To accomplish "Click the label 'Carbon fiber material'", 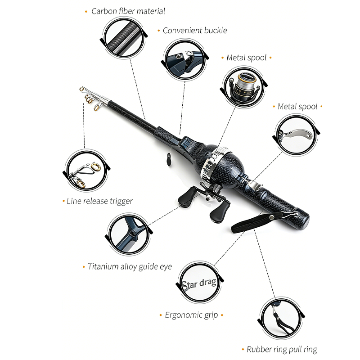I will [128, 11].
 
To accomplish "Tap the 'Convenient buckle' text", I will [195, 31].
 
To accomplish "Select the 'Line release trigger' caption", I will [99, 201].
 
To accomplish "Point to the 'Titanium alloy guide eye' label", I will [130, 266].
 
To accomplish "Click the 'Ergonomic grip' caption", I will [192, 315].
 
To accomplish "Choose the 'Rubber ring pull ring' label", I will [282, 349].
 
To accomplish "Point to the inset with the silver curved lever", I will [296, 133].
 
